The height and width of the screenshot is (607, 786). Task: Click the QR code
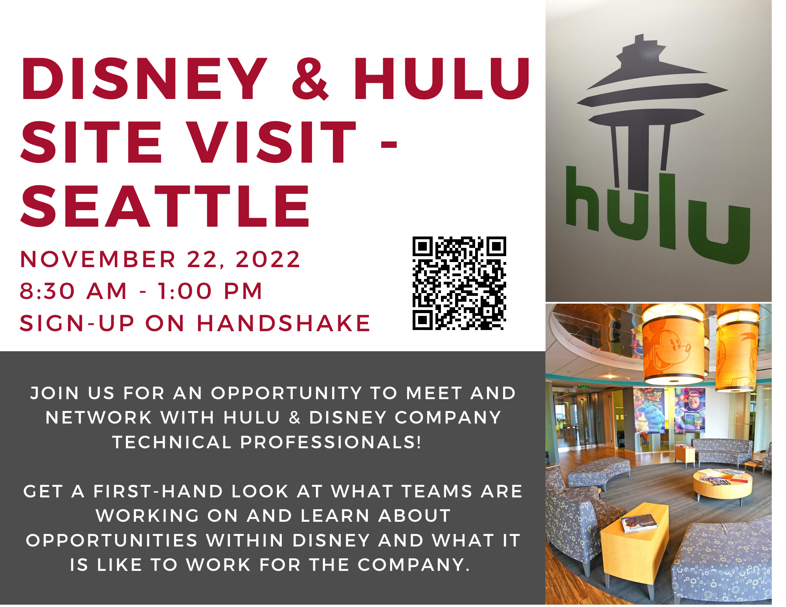[x=459, y=283]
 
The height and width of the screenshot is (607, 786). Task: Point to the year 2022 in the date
[x=268, y=259]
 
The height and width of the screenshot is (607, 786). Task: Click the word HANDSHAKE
[x=283, y=323]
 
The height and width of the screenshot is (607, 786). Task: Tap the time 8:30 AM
[x=74, y=291]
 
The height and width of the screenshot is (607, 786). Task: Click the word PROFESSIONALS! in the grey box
[x=331, y=442]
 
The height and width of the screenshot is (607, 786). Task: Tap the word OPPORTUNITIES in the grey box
[x=112, y=541]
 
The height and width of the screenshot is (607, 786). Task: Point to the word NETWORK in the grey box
[x=99, y=418]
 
